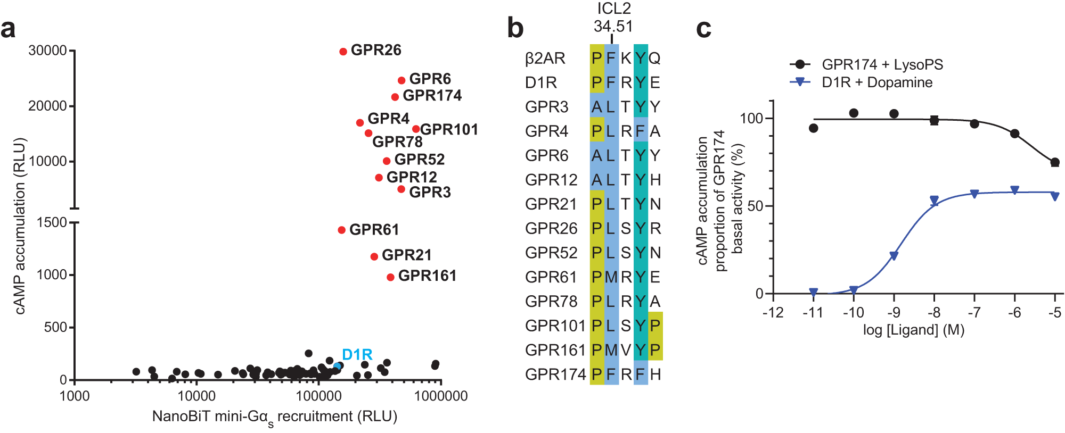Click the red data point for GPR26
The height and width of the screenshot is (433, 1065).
coord(343,52)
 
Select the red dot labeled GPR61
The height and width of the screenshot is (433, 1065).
coord(341,230)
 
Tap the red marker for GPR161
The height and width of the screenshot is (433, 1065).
coord(390,277)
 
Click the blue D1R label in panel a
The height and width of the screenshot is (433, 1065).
coord(357,354)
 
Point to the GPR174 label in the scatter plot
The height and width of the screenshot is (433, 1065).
coord(432,96)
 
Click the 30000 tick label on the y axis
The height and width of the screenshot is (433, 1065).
coord(47,51)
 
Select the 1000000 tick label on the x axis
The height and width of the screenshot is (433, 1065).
coord(441,396)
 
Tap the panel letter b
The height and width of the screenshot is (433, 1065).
coord(515,28)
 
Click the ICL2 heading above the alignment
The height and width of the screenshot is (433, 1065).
coord(613,9)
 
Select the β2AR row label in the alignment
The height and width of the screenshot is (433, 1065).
coord(545,58)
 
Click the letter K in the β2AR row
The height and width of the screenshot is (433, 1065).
coord(626,58)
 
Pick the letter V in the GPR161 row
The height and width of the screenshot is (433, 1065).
coord(626,350)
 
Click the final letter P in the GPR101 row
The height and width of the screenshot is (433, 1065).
coord(656,326)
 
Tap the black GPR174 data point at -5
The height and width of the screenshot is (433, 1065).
coord(1055,162)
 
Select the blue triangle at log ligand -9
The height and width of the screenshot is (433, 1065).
coord(894,256)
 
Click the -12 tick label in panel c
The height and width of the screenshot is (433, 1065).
coord(773,312)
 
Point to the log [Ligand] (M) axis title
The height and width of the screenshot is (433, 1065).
coord(913,330)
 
